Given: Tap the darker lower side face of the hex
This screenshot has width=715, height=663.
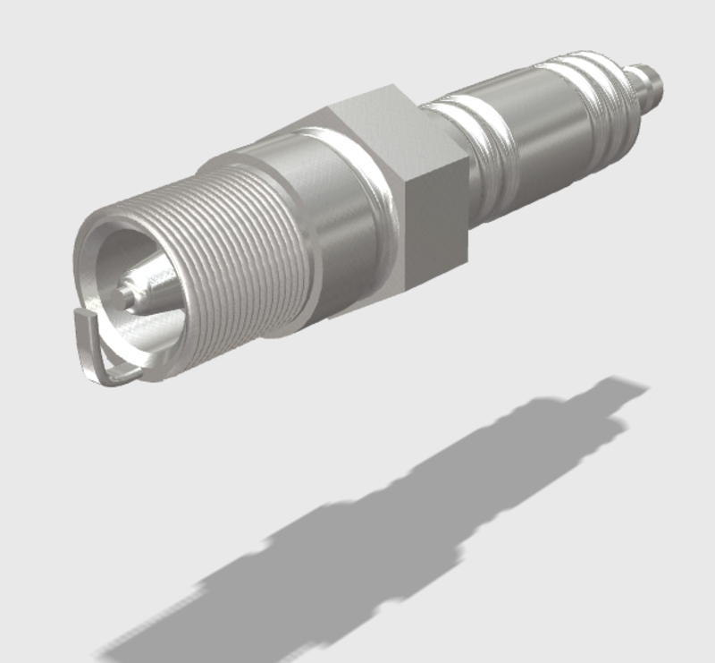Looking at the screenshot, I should (x=435, y=224).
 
